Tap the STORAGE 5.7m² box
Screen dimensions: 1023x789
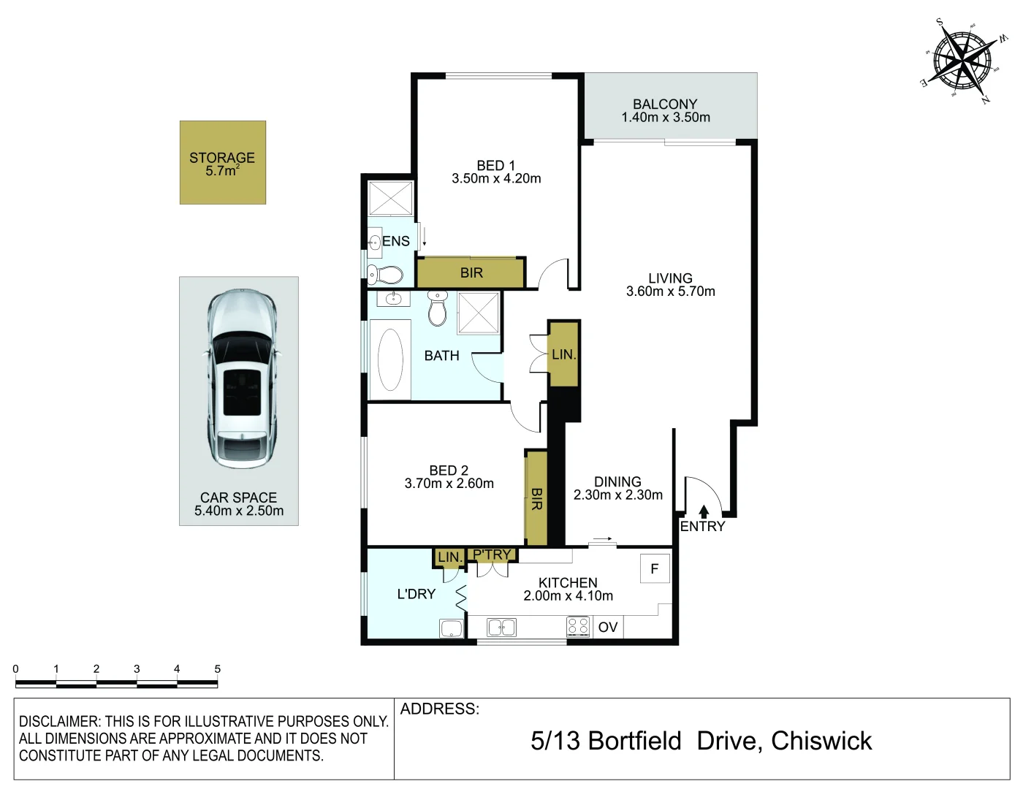tap(223, 162)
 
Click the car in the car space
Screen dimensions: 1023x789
tap(242, 378)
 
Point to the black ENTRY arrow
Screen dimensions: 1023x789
tap(704, 511)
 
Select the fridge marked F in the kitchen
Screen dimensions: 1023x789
tap(655, 569)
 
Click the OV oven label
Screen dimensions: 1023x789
tap(608, 627)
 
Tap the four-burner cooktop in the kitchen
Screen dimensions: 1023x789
tap(579, 627)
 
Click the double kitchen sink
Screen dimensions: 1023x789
tap(502, 628)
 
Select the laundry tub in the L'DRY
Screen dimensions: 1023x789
tap(452, 628)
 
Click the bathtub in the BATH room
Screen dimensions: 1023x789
tap(390, 359)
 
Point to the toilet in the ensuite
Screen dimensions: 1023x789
tap(384, 274)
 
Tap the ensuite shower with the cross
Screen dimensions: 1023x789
tap(390, 198)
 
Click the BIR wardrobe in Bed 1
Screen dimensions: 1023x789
tap(471, 272)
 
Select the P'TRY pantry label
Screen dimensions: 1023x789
tap(492, 554)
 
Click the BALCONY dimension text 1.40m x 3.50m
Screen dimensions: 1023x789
tap(666, 117)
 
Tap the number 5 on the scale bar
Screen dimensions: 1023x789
tap(218, 668)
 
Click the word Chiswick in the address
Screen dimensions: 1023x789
tap(821, 741)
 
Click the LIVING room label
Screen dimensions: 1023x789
tap(670, 278)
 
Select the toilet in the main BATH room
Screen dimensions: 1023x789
tap(438, 308)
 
